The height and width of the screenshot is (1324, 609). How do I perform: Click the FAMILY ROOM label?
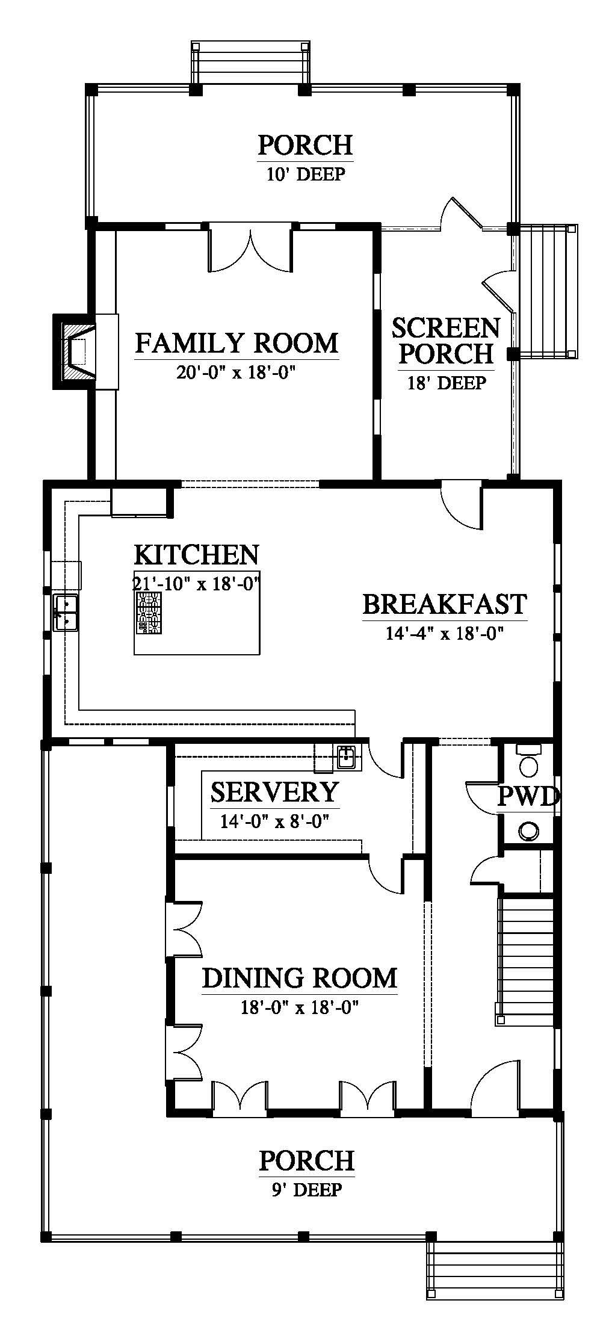pos(236,343)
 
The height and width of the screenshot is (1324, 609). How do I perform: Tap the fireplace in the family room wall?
pos(75,351)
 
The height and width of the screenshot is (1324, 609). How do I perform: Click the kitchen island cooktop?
pos(149,613)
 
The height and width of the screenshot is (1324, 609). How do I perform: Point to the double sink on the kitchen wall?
pos(66,612)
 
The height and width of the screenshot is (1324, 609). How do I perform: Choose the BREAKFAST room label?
pos(445,604)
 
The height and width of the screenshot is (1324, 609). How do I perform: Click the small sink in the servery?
pos(346,757)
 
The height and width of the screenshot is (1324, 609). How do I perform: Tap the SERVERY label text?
pos(274,792)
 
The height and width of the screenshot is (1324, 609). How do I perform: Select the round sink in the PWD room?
pos(529,831)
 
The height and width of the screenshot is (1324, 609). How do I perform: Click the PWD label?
pos(528,797)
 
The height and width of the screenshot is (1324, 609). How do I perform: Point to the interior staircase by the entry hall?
pos(525,961)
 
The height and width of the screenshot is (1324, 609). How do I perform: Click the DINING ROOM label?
pos(300,979)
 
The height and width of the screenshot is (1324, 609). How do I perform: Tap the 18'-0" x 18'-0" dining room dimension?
pos(300,1007)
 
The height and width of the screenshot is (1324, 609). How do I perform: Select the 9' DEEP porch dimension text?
pos(306,1189)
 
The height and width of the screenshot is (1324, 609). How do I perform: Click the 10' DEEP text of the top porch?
pos(305,175)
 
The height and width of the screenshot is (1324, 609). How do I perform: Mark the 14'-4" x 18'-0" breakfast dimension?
pos(445,633)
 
